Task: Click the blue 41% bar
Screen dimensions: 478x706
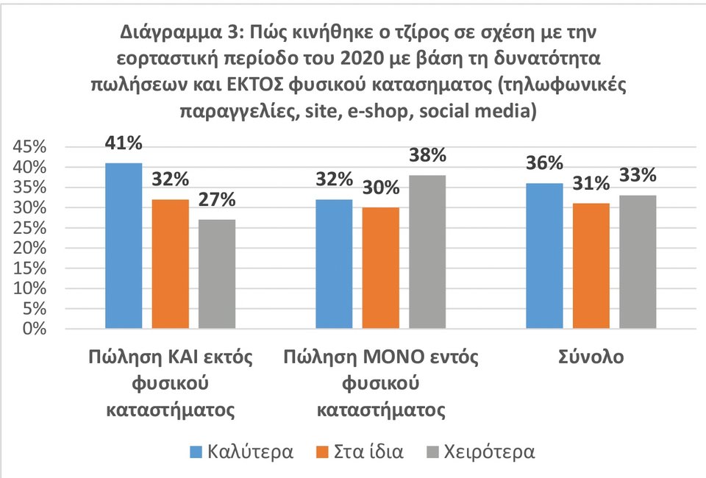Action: tap(124, 246)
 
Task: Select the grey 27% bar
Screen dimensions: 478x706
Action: tap(217, 274)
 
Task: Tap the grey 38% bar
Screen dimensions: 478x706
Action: tap(427, 252)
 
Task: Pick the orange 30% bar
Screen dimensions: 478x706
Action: tap(381, 268)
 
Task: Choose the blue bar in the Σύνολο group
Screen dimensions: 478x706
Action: tap(544, 256)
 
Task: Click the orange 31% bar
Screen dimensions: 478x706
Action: tap(591, 265)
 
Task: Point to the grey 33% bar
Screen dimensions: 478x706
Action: tap(638, 262)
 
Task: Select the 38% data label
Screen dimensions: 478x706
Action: tap(428, 155)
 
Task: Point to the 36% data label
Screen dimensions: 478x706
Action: tap(544, 163)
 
